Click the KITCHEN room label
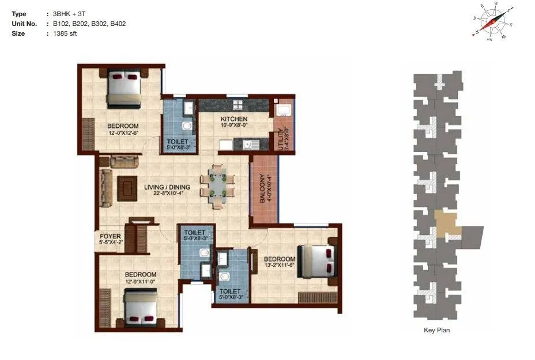[233, 119]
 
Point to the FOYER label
[110, 236]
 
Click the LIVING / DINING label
[168, 187]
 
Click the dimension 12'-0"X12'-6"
[123, 133]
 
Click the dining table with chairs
[218, 187]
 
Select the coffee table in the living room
[127, 188]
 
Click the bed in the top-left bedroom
[124, 88]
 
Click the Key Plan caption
[436, 330]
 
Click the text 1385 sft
[65, 33]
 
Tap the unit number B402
[118, 24]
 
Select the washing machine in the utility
[282, 110]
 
